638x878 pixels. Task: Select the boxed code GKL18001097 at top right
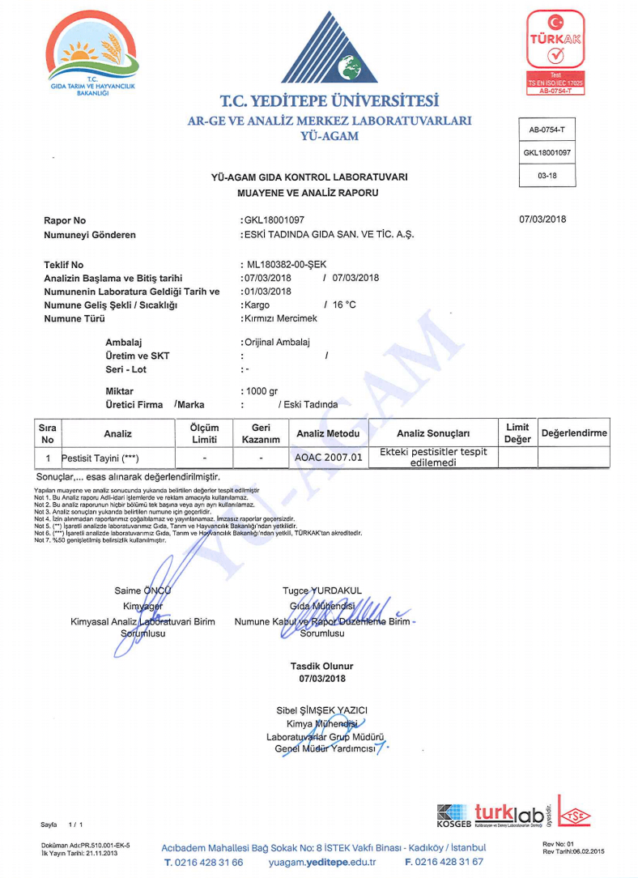click(547, 152)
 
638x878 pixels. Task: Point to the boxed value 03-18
click(547, 175)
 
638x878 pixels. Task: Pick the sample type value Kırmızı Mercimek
click(279, 318)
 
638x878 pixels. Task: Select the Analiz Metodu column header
click(328, 433)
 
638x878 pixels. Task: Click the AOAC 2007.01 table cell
click(328, 458)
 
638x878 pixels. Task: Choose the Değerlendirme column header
click(574, 433)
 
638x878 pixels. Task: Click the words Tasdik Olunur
click(322, 666)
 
